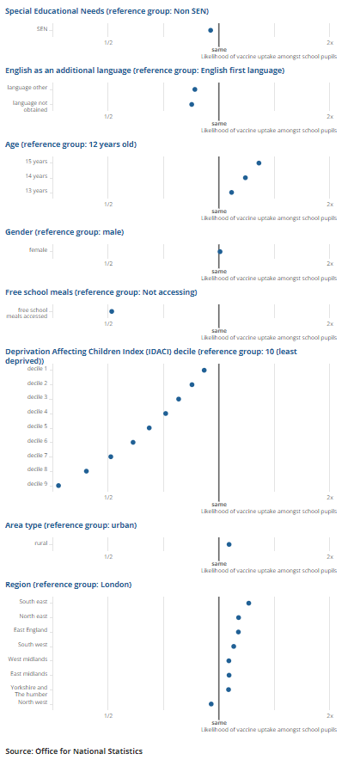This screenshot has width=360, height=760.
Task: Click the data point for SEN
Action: tap(211, 30)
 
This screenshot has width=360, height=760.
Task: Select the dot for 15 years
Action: tap(259, 162)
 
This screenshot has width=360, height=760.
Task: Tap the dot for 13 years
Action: tap(231, 193)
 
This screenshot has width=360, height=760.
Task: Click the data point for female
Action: tap(220, 251)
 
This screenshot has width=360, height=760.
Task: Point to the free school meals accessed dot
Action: tap(112, 311)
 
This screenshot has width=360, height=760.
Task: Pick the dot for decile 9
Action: tap(58, 486)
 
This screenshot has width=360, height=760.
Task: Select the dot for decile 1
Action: tap(204, 370)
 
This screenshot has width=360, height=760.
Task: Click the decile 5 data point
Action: tap(149, 427)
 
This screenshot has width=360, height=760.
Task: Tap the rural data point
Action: tap(229, 544)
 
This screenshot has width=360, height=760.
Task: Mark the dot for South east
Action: tap(248, 603)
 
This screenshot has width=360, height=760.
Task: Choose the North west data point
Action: tap(211, 703)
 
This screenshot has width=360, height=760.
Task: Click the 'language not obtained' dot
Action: tap(192, 104)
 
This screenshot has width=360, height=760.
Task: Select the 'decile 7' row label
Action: tap(37, 456)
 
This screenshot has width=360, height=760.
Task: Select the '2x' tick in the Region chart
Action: tap(330, 715)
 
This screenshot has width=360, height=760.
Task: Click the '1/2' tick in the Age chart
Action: tap(108, 204)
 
